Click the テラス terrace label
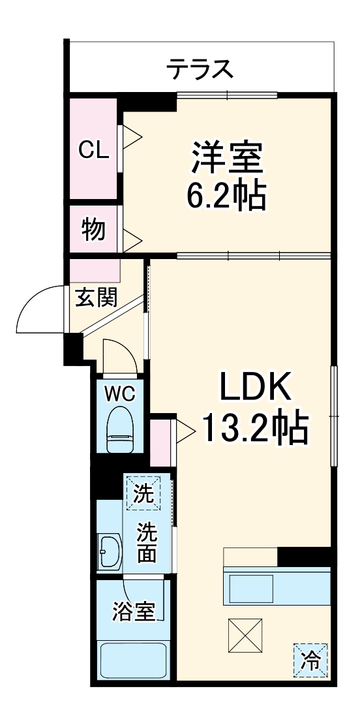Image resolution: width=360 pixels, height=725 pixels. click(x=200, y=68)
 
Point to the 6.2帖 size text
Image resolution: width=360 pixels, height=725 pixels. click(x=227, y=194)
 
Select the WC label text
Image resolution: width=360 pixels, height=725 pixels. click(x=120, y=393)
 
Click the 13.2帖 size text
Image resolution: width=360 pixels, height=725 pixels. click(x=254, y=429)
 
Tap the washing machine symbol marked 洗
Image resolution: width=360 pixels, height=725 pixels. click(x=143, y=493)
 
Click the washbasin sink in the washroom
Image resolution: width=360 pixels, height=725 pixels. click(x=108, y=552)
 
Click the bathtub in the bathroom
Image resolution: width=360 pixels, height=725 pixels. click(x=133, y=660)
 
